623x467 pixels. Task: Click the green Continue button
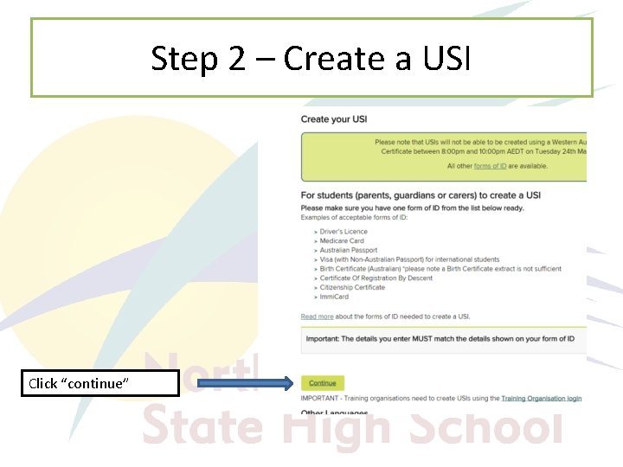[323, 383]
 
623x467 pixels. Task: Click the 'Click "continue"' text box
[100, 383]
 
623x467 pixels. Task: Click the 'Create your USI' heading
[334, 118]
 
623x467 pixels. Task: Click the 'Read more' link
[317, 317]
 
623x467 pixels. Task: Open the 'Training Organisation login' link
[541, 399]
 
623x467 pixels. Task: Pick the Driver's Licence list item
[344, 232]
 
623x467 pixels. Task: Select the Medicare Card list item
[342, 241]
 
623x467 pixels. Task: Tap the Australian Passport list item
[349, 251]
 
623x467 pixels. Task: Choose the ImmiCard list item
[335, 297]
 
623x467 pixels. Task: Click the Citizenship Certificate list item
[352, 288]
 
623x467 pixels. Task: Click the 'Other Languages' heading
[325, 413]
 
